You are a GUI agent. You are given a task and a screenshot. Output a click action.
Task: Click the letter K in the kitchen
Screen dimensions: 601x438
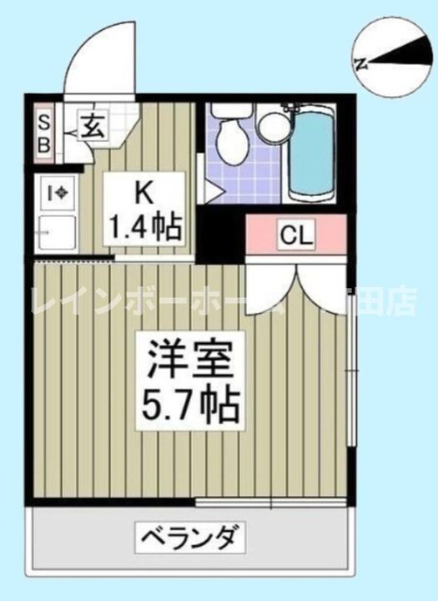point(143,193)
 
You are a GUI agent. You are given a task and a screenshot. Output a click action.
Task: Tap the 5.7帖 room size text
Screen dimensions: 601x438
point(188,406)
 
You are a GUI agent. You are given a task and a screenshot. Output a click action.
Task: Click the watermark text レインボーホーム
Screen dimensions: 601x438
point(159,302)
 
